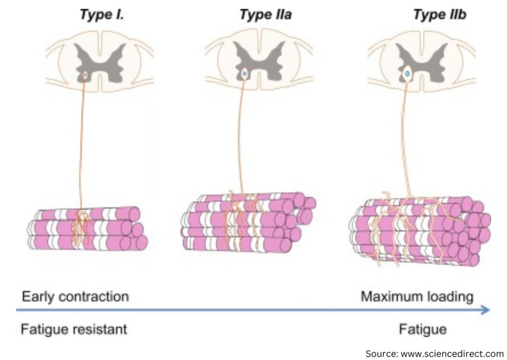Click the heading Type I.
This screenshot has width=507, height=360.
(x=101, y=15)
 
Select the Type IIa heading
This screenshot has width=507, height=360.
(x=265, y=15)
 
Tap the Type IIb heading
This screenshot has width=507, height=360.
(x=440, y=15)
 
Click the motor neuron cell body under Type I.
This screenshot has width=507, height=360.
(x=85, y=75)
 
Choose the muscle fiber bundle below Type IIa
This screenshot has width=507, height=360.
(x=248, y=220)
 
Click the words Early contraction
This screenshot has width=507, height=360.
(x=75, y=297)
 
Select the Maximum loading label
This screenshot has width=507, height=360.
(x=416, y=297)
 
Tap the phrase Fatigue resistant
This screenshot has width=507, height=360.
(x=74, y=328)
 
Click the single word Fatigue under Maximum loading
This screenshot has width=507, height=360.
(x=422, y=328)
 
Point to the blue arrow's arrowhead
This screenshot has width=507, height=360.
(x=486, y=310)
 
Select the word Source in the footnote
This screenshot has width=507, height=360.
(x=378, y=353)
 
